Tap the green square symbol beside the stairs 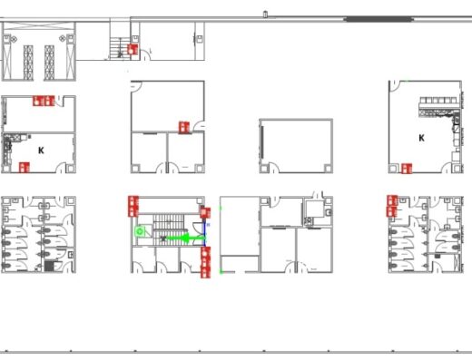[x=140, y=232]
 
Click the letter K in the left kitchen [x=41, y=151]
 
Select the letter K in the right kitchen [x=421, y=138]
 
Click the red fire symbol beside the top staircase [x=133, y=49]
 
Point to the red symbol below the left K [x=25, y=168]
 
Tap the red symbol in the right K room [x=407, y=169]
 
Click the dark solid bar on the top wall [x=379, y=20]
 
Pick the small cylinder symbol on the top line [x=265, y=15]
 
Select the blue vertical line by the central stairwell [x=205, y=233]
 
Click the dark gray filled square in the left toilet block [x=49, y=266]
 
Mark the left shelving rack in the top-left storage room [x=28, y=63]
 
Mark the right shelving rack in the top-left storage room [x=49, y=63]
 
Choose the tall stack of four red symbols [x=206, y=262]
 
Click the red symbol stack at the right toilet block [x=392, y=206]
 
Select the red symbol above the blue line [x=205, y=213]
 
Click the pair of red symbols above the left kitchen [x=44, y=101]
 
